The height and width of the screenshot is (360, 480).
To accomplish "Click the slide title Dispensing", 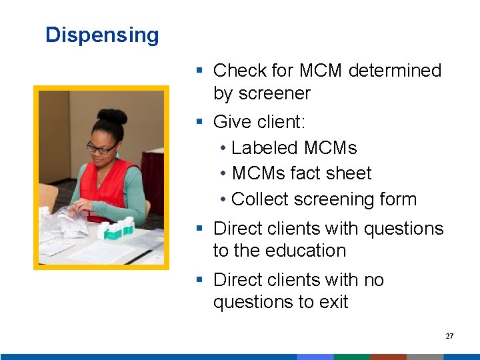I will (102, 35).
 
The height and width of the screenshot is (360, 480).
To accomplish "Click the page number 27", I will (449, 336).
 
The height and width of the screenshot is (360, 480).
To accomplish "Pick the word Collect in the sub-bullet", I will (262, 199).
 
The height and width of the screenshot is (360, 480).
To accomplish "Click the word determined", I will (395, 71).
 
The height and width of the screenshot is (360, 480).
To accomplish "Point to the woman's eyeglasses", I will (101, 148).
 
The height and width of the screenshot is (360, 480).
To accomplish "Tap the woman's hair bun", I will (112, 117).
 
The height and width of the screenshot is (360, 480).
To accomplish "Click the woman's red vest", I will (100, 193).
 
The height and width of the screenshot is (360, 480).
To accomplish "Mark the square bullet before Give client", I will (199, 122).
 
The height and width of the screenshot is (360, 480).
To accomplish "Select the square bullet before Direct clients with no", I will (199, 280).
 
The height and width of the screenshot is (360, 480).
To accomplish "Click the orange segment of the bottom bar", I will (388, 357).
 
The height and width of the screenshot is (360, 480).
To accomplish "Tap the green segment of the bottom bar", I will (351, 357).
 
